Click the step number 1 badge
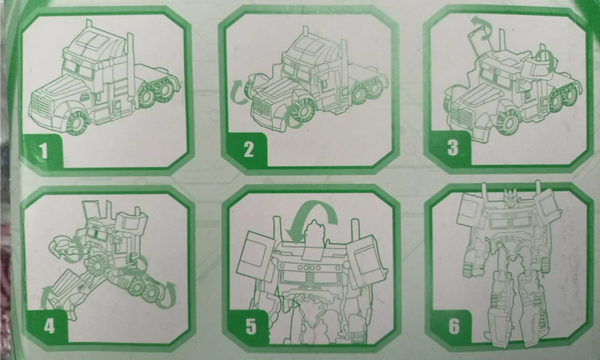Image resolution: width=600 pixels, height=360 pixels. point(43,150)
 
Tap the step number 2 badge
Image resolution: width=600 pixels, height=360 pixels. point(248,149)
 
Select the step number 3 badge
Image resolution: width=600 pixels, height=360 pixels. point(452,148)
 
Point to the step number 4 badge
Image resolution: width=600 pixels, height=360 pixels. point(48,326)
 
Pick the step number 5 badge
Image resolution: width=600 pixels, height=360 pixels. point(250,326)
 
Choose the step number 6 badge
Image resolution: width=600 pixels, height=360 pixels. point(453,326)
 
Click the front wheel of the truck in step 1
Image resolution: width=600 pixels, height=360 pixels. point(78,123)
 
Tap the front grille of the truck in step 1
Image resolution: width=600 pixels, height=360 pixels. point(40,105)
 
